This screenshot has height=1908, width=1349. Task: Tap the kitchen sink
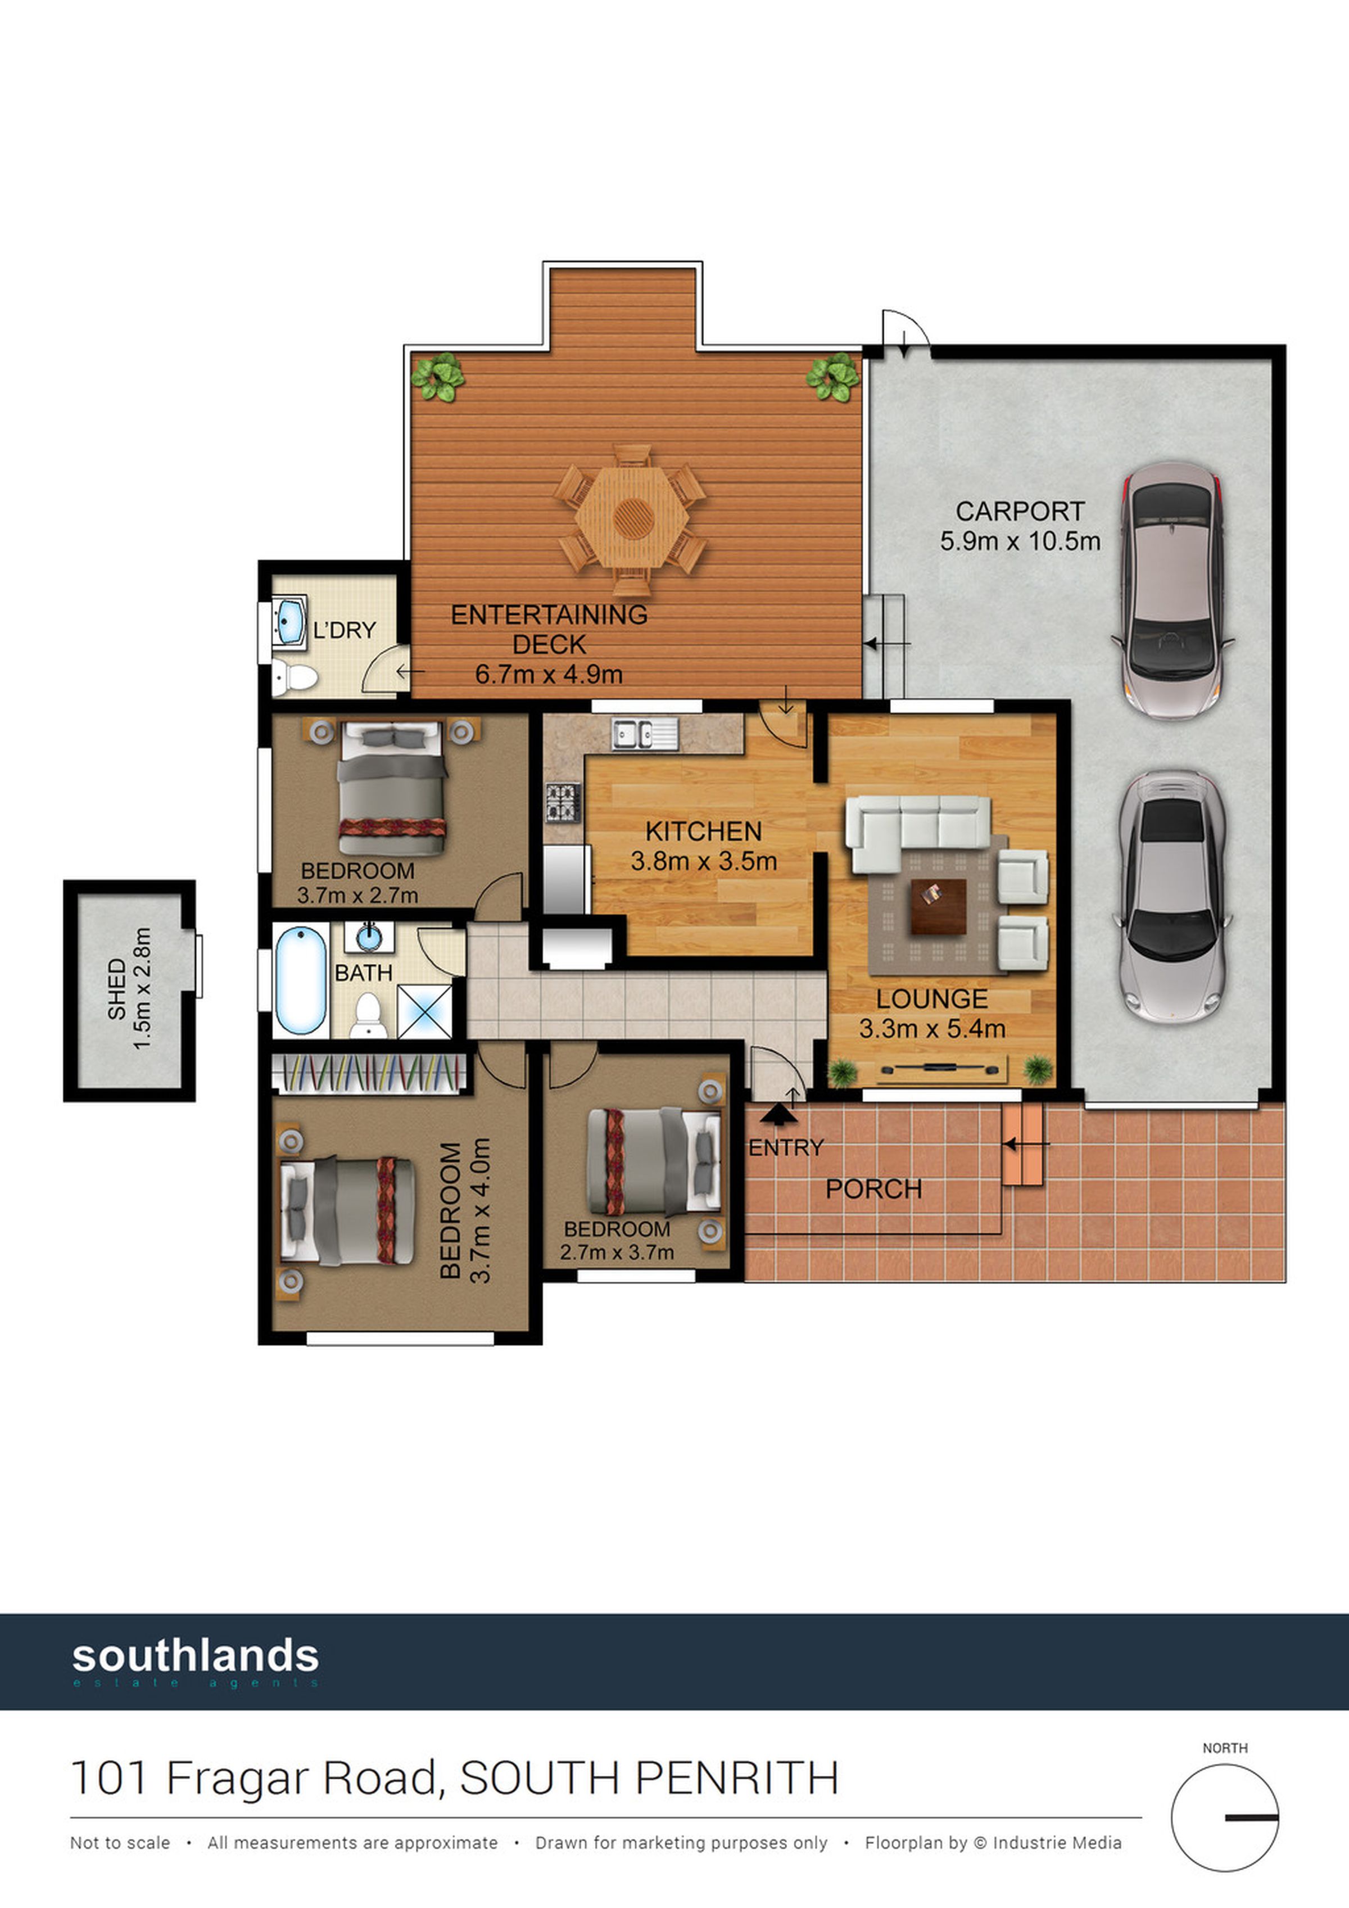tap(645, 734)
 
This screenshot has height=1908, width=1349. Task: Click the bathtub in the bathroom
tap(301, 980)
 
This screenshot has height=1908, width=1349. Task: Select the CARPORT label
tap(1020, 510)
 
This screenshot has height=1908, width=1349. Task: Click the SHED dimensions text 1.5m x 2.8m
tap(142, 988)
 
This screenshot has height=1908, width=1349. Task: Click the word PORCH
tap(874, 1189)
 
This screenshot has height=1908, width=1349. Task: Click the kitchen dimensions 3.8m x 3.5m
tap(704, 861)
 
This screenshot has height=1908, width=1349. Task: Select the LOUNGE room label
tap(932, 999)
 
